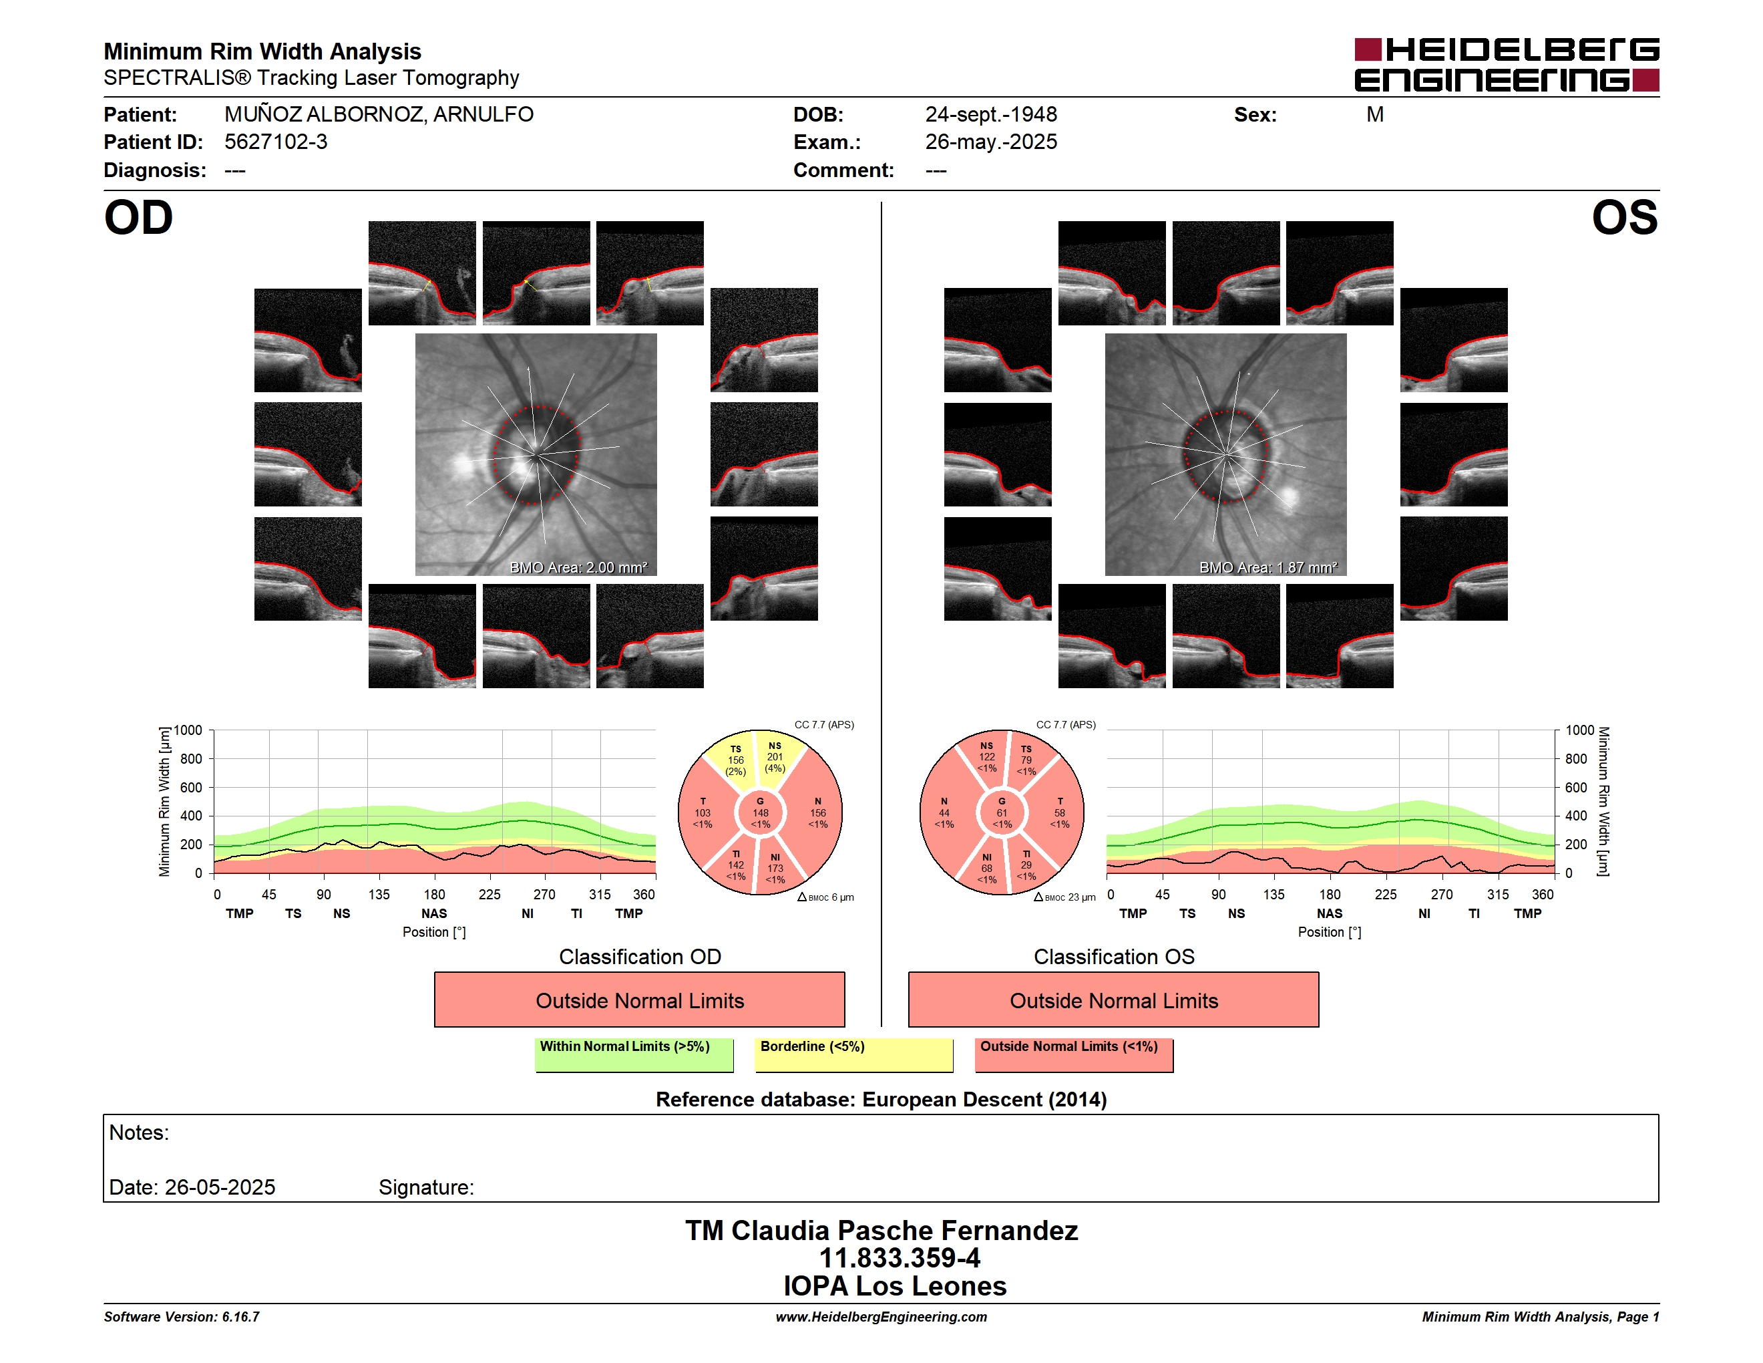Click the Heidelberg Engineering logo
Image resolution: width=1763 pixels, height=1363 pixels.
1507,65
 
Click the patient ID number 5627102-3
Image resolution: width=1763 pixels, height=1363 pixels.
276,142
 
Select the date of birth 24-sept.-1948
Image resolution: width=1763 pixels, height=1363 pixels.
990,115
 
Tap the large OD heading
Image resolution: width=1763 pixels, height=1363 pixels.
139,218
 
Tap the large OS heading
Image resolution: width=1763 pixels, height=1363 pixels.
1624,218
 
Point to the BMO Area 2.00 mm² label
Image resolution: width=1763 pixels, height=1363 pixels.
578,568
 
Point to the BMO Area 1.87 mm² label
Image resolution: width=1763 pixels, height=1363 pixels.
1267,568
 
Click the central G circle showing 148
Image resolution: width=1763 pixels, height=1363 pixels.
761,813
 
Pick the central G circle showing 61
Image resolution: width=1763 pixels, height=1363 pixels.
1002,813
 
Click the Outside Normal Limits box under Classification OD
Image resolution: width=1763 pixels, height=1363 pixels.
639,1000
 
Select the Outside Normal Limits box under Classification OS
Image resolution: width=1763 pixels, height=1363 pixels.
1113,1000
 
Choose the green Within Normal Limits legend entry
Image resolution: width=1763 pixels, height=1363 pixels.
634,1054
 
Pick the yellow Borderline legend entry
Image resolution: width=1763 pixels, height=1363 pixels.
854,1054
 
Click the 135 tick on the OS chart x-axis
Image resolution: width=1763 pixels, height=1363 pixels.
1274,895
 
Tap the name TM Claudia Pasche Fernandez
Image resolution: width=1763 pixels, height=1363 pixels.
881,1231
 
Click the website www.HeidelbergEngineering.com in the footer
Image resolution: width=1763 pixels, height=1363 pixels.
881,1317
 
